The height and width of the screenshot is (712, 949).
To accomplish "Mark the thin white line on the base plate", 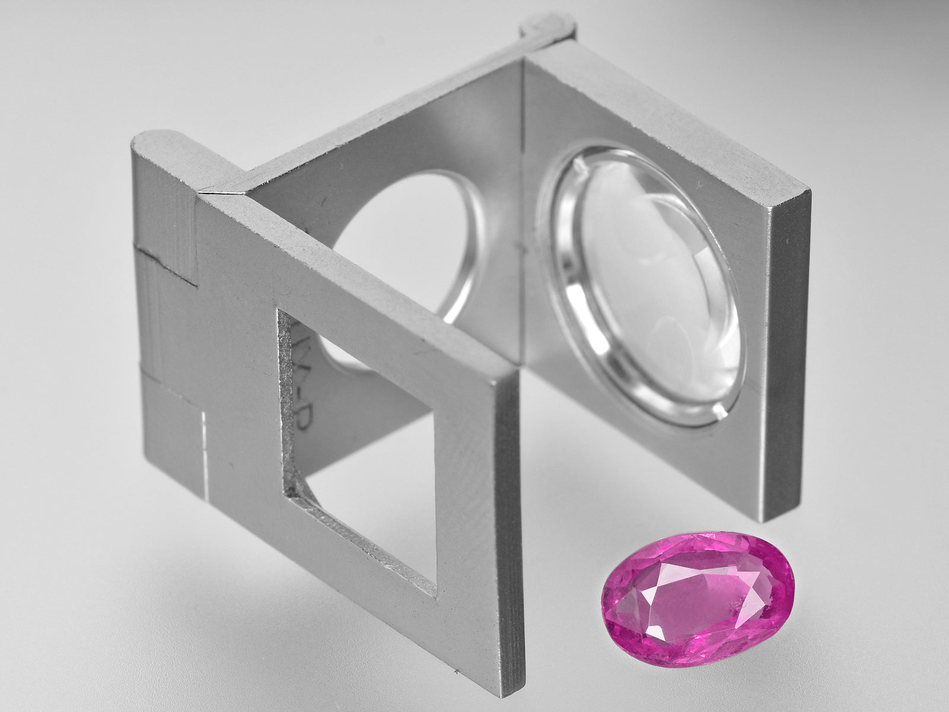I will tap(206, 451).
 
